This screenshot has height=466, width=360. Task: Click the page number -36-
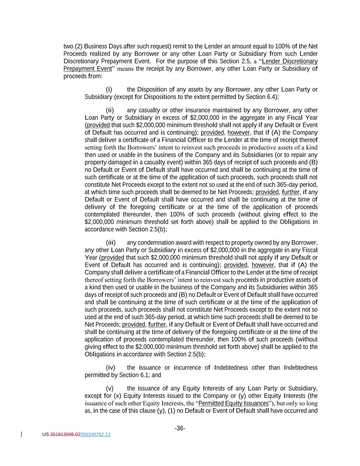click(x=180, y=428)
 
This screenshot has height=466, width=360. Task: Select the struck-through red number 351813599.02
click(x=65, y=435)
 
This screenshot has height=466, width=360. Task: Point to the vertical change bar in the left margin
click(x=22, y=434)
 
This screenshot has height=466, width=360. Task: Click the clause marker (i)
click(x=109, y=89)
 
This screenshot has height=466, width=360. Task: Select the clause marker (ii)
click(x=110, y=110)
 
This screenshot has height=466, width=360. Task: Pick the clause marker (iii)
click(x=111, y=243)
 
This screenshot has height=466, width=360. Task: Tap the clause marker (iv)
click(x=110, y=368)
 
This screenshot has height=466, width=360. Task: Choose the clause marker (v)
click(x=110, y=389)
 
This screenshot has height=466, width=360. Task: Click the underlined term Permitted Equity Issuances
click(x=233, y=404)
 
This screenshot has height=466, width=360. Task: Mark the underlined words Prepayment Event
click(x=88, y=69)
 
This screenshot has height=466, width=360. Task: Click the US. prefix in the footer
click(x=46, y=435)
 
